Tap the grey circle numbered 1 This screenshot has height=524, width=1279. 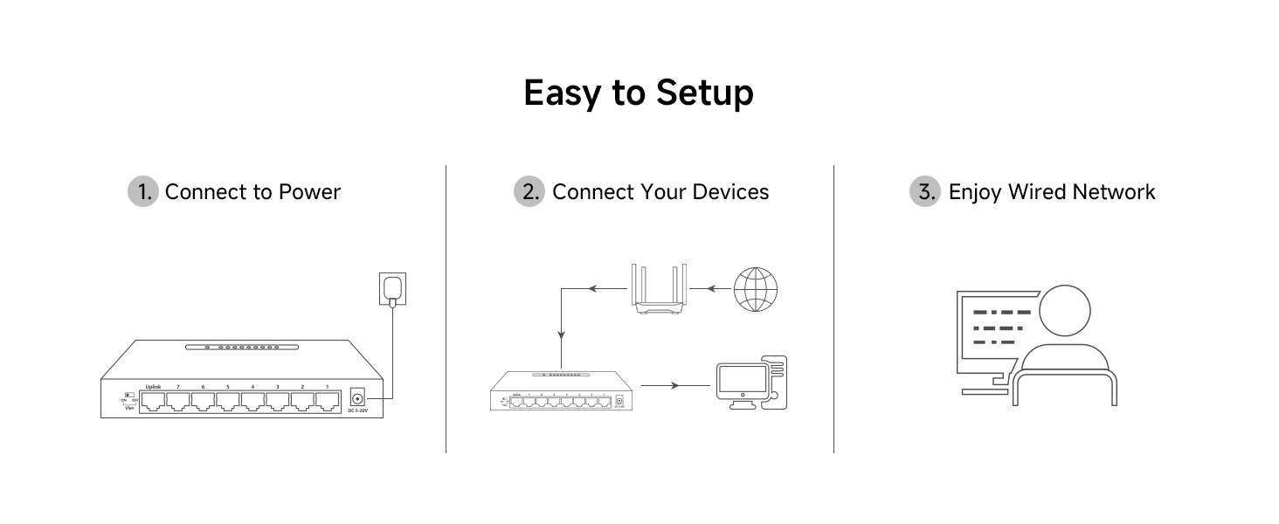click(143, 192)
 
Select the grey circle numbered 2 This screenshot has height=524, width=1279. click(529, 192)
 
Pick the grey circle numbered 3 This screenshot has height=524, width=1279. click(925, 192)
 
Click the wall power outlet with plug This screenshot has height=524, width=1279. click(392, 289)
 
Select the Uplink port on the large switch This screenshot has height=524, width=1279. click(154, 402)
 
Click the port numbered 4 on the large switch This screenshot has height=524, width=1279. click(253, 402)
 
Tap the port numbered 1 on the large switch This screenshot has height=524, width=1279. click(328, 402)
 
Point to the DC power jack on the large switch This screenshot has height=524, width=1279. click(356, 396)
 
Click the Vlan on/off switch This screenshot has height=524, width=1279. click(129, 395)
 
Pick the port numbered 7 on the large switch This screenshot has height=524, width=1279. click(178, 402)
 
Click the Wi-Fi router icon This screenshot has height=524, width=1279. click(659, 290)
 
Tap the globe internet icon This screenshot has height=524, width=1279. click(755, 289)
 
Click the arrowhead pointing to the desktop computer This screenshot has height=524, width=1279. click(676, 385)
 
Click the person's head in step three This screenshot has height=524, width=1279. click(1064, 311)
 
